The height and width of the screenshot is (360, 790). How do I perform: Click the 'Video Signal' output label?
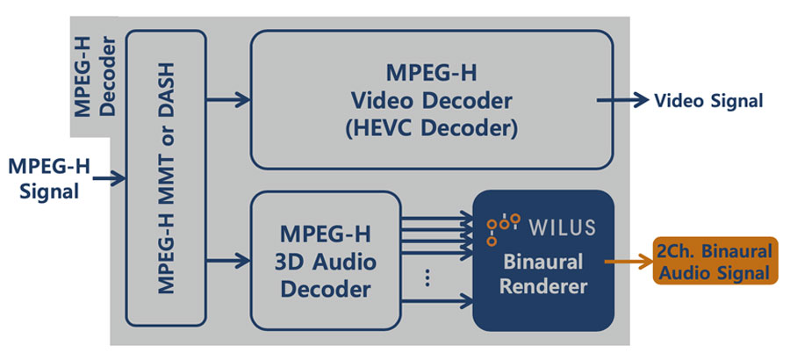[708, 101]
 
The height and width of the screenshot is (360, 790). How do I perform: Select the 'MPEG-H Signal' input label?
[44, 177]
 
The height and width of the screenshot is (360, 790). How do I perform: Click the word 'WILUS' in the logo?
[562, 227]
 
